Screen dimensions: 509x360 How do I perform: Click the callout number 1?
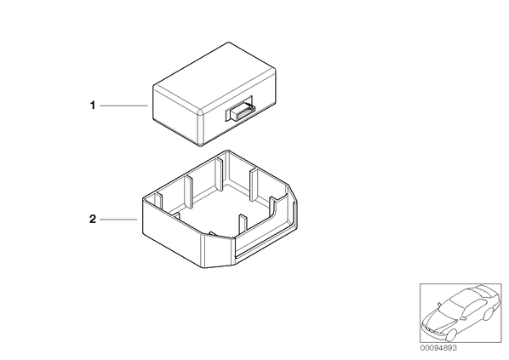[x=93, y=106]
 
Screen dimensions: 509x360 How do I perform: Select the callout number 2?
[x=93, y=220]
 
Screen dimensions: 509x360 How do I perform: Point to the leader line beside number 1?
[x=123, y=106]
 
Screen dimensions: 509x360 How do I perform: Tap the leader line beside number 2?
[x=118, y=220]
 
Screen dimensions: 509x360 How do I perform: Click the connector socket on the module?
[x=239, y=110]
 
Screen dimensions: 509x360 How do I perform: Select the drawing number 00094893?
[x=438, y=348]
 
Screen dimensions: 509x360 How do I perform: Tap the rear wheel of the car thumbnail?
[x=487, y=314]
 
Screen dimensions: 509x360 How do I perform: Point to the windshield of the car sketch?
[x=452, y=307]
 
